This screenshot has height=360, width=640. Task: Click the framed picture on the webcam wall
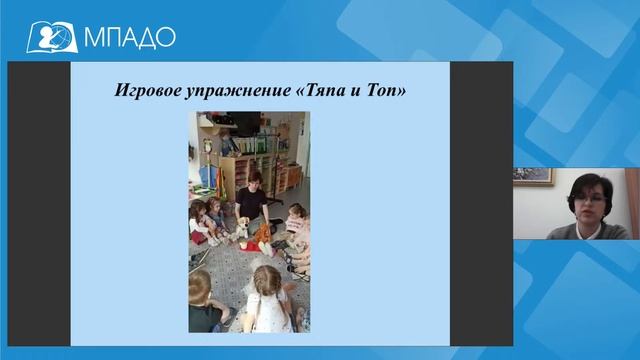[x=532, y=174]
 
